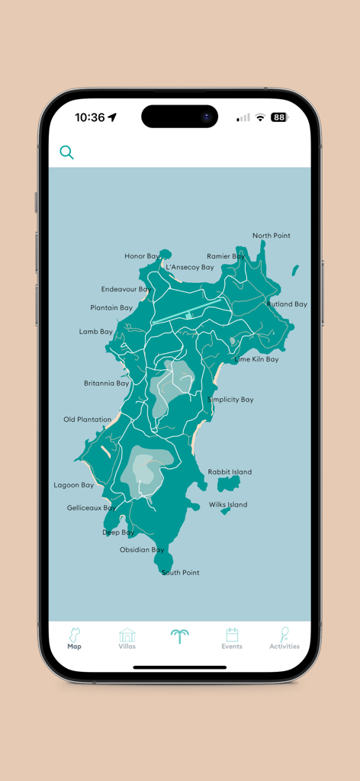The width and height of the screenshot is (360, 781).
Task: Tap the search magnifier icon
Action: click(67, 153)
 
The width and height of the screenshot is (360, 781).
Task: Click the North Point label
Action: click(272, 236)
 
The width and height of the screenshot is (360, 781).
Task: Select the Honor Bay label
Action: click(143, 256)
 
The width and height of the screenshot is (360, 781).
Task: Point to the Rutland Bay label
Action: click(287, 304)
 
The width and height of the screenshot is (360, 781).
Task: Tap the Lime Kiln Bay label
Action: click(256, 359)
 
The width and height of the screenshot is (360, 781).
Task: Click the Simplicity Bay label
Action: click(230, 400)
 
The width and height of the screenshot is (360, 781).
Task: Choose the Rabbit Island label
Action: click(230, 472)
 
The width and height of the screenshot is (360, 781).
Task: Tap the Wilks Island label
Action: click(228, 505)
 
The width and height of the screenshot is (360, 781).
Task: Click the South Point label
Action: click(181, 573)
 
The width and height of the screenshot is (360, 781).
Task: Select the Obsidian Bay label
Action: click(142, 550)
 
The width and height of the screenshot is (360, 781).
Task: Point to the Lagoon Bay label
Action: click(74, 485)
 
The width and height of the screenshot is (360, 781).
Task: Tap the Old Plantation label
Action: click(87, 419)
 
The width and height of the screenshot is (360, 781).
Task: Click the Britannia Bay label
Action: click(107, 384)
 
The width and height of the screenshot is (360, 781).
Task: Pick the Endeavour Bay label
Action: click(126, 290)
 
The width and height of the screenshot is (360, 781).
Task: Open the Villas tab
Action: click(127, 638)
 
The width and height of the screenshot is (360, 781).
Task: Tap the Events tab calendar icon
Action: click(232, 635)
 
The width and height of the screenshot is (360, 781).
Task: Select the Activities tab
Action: click(284, 638)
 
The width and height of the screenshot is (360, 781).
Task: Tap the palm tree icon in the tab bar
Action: click(180, 636)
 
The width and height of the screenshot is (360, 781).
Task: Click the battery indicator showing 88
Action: click(279, 117)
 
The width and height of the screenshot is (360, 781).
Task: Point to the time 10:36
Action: click(90, 117)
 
